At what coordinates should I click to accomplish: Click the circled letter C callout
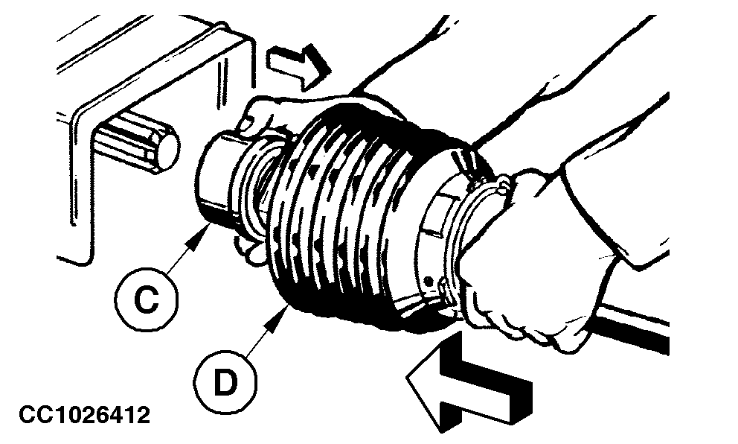(147, 299)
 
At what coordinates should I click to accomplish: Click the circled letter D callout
(225, 381)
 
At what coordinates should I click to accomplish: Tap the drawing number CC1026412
(85, 415)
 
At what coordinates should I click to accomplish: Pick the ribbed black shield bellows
(358, 212)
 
